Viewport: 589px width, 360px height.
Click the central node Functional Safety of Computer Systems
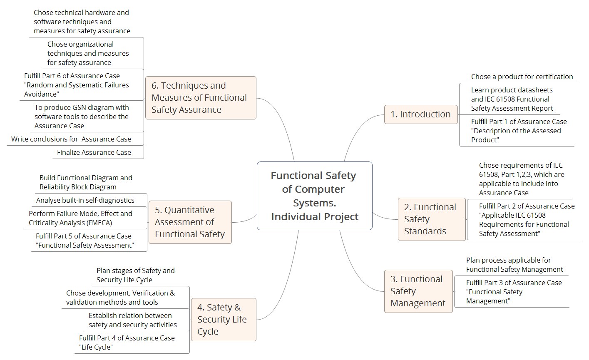(x=315, y=196)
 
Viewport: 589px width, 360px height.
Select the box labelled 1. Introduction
(x=421, y=114)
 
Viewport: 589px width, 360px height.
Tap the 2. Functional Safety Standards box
(x=432, y=219)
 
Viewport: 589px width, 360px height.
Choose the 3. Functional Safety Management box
(x=418, y=291)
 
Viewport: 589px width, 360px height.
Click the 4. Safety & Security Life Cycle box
(x=224, y=320)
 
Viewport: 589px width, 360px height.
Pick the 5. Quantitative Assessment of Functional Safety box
(x=190, y=222)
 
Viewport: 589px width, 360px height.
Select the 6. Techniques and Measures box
(x=201, y=98)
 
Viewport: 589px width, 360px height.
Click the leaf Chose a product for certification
(x=522, y=77)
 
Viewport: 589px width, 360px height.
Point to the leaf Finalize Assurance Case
(x=94, y=152)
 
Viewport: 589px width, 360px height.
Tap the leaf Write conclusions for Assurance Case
(x=71, y=139)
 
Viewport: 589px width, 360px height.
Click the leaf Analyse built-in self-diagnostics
(x=85, y=200)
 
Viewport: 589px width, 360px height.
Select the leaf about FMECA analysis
(x=80, y=218)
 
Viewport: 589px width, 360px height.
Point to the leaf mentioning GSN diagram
(x=82, y=117)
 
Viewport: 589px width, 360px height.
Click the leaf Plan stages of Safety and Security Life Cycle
(x=135, y=275)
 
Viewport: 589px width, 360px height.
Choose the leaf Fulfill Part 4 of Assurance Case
(x=127, y=343)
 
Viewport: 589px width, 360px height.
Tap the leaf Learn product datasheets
(x=512, y=99)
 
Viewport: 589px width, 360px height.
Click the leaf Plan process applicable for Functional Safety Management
(x=514, y=265)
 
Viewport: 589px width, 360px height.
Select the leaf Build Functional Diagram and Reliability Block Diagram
(x=86, y=182)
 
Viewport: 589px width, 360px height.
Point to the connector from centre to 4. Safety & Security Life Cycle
(x=287, y=287)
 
